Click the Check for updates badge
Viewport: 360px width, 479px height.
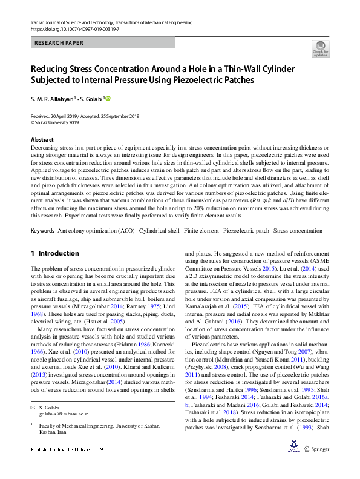pos(320,48)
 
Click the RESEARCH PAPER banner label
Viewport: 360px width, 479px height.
pos(59,43)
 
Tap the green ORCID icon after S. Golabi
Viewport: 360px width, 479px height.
pos(110,98)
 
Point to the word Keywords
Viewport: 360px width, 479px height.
pos(42,231)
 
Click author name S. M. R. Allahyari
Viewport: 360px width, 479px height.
pos(53,99)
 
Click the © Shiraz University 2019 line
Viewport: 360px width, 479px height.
pos(55,122)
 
